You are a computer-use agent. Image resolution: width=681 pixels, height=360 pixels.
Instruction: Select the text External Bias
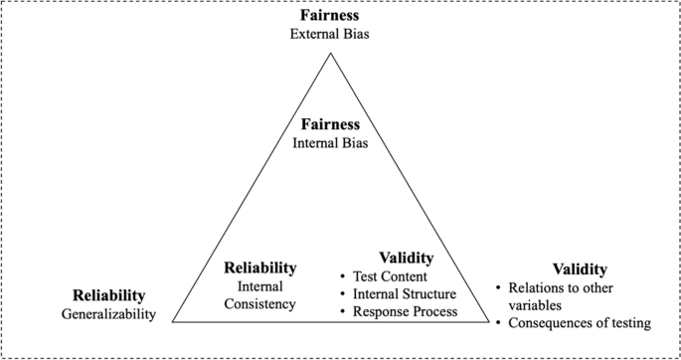pyautogui.click(x=329, y=36)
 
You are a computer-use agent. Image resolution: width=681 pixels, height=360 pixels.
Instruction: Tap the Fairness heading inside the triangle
pyautogui.click(x=329, y=125)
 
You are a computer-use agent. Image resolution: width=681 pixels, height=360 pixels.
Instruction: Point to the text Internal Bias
pyautogui.click(x=329, y=144)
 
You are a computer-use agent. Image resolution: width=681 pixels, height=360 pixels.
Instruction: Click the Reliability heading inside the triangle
pyautogui.click(x=259, y=268)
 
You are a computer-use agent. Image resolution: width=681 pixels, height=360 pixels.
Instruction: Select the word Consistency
pyautogui.click(x=259, y=303)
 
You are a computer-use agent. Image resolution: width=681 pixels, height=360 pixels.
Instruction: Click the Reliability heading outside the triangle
pyautogui.click(x=109, y=295)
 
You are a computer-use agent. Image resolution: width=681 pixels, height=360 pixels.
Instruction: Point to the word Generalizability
pyautogui.click(x=109, y=314)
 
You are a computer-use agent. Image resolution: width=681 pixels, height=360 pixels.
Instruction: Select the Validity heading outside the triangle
pyautogui.click(x=580, y=270)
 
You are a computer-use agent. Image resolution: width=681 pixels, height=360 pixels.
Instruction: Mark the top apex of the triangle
pyautogui.click(x=330, y=52)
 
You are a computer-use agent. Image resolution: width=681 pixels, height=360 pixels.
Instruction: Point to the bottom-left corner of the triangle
pyautogui.click(x=173, y=322)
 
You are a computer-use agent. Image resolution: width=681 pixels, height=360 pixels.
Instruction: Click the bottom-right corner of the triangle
pyautogui.click(x=487, y=322)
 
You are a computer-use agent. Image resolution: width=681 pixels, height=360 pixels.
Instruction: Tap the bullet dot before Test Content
pyautogui.click(x=343, y=275)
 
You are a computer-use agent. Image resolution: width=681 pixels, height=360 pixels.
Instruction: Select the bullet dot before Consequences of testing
pyautogui.click(x=500, y=323)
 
